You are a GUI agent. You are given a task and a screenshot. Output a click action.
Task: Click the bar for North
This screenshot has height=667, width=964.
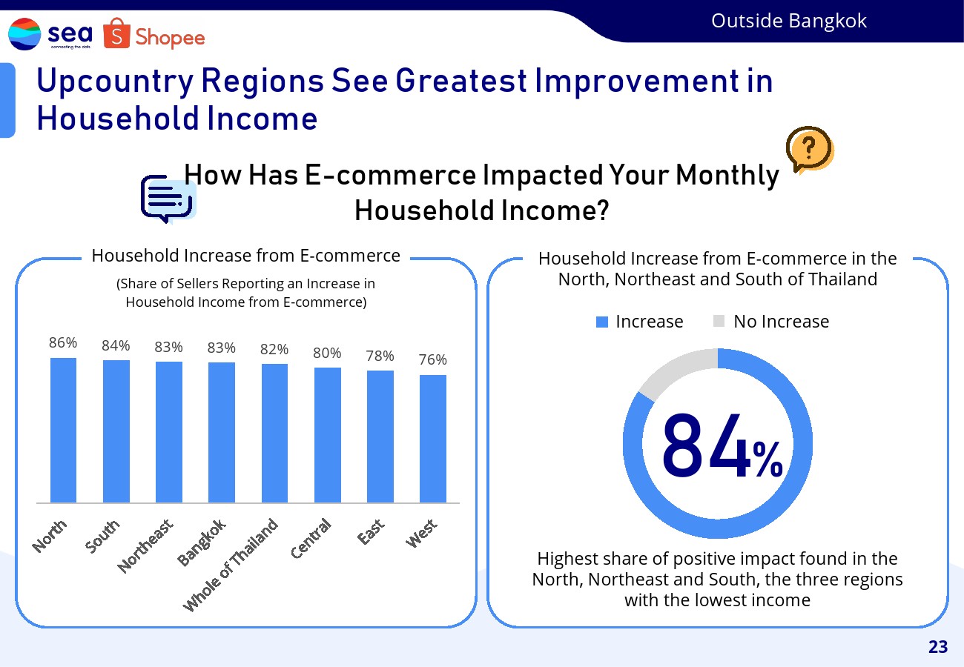[63, 430]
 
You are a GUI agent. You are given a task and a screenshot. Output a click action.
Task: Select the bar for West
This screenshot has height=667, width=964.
[433, 439]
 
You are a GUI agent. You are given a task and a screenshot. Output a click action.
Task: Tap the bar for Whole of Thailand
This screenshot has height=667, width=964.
[274, 433]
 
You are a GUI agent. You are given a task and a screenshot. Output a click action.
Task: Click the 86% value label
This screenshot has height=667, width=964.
[63, 342]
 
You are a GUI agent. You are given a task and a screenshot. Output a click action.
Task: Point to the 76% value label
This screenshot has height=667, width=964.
[433, 359]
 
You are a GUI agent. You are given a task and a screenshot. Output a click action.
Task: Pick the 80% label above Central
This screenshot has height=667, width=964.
[327, 353]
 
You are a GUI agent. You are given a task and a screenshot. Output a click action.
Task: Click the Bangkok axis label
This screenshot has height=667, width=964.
[202, 542]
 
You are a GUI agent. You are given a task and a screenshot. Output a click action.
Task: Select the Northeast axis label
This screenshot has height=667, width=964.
[145, 545]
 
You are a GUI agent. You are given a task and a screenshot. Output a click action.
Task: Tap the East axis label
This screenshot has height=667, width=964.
[371, 531]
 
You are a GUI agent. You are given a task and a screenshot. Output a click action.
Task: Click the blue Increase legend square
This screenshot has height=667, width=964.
[601, 322]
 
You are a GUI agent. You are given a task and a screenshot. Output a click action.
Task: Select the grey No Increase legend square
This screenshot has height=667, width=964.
[719, 321]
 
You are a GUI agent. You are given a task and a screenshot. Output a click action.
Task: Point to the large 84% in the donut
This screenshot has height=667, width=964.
[722, 445]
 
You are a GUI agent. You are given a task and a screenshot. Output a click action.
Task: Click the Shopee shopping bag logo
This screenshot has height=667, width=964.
[116, 33]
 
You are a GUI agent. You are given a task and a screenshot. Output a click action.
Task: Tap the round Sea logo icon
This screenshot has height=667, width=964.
[24, 34]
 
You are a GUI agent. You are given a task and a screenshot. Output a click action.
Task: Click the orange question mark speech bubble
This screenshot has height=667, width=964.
[810, 150]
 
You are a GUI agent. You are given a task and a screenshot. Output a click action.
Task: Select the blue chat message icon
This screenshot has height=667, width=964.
[167, 199]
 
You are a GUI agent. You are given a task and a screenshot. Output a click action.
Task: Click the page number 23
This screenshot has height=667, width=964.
[938, 647]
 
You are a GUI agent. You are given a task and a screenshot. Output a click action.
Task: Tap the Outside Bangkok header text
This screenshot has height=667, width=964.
[789, 21]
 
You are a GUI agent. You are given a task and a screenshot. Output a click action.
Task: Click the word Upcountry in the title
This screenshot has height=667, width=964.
[116, 82]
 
